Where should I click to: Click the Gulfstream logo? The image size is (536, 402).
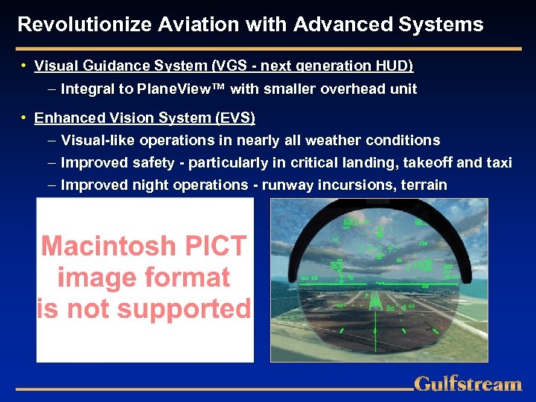point(468,384)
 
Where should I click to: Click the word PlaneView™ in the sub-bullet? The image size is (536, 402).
point(188,89)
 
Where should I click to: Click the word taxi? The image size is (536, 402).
point(500,162)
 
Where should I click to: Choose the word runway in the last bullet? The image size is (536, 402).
point(283,185)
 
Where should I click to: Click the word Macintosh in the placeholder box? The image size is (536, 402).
point(109,247)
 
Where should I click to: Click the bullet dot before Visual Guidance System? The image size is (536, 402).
point(25,66)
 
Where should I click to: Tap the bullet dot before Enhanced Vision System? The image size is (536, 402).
point(25,118)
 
